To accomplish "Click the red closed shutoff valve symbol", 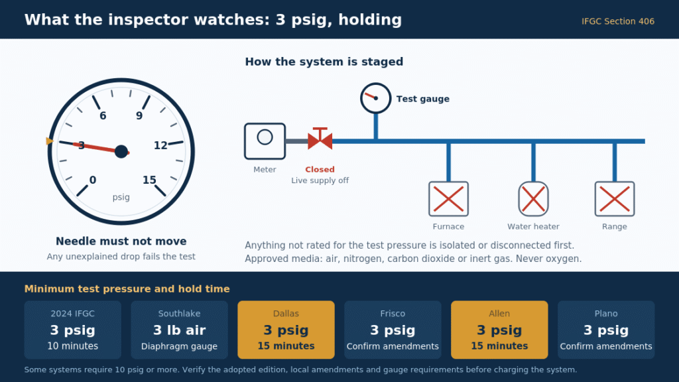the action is pyautogui.click(x=320, y=139).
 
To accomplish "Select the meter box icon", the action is pyautogui.click(x=265, y=141).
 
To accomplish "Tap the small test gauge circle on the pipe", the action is pyautogui.click(x=375, y=98).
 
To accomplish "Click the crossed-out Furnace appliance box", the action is pyautogui.click(x=448, y=199).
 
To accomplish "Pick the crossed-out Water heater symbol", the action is pyautogui.click(x=533, y=199).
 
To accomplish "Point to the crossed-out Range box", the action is pyautogui.click(x=615, y=199).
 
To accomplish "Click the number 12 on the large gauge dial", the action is pyautogui.click(x=160, y=145).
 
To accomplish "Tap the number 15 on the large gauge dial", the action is pyautogui.click(x=149, y=180).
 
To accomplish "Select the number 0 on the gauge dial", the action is pyautogui.click(x=93, y=180).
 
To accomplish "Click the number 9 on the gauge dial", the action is pyautogui.click(x=139, y=115).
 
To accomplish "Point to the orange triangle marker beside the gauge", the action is pyautogui.click(x=49, y=141).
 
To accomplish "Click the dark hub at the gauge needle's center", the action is pyautogui.click(x=121, y=151).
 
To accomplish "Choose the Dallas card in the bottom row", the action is pyautogui.click(x=286, y=330).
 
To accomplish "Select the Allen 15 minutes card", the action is pyautogui.click(x=499, y=330).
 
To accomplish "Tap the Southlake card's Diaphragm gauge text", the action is pyautogui.click(x=179, y=346).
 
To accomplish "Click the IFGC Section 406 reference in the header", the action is pyautogui.click(x=618, y=21).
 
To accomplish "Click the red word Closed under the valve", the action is pyautogui.click(x=320, y=169).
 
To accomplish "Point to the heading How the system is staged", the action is pyautogui.click(x=324, y=62).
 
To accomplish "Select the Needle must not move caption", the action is pyautogui.click(x=121, y=241).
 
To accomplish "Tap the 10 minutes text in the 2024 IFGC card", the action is pyautogui.click(x=73, y=346).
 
